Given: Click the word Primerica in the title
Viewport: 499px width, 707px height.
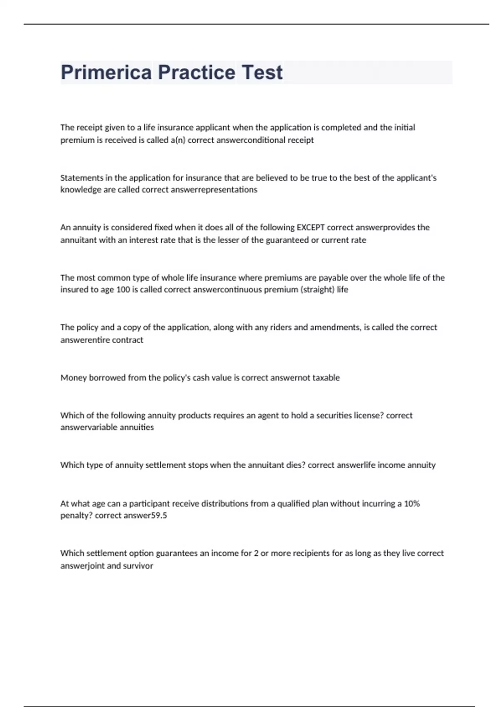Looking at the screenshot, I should (x=106, y=72).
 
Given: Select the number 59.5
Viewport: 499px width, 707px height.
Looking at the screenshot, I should (x=158, y=516).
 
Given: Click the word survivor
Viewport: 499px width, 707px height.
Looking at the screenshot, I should (x=137, y=566).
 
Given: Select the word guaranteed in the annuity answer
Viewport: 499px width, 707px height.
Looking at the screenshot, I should (x=287, y=240).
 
